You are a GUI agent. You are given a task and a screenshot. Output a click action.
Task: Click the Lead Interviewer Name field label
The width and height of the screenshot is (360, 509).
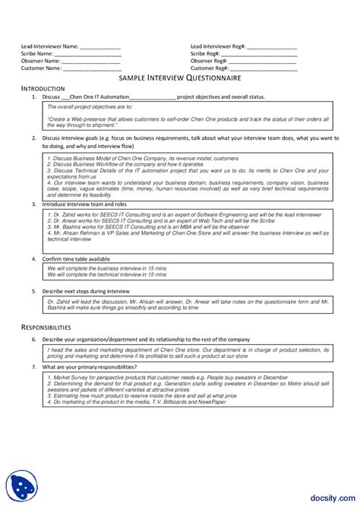(49, 47)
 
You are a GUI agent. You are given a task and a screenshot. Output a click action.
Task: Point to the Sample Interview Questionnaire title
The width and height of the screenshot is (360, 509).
(180, 78)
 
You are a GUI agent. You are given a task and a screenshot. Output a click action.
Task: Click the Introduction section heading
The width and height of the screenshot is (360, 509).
(43, 89)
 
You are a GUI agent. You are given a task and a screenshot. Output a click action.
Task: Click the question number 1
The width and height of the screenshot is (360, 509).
(34, 97)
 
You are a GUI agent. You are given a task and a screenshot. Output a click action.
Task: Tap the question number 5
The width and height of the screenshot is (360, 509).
(34, 291)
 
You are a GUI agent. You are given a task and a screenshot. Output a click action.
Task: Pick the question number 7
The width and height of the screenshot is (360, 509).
(34, 367)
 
